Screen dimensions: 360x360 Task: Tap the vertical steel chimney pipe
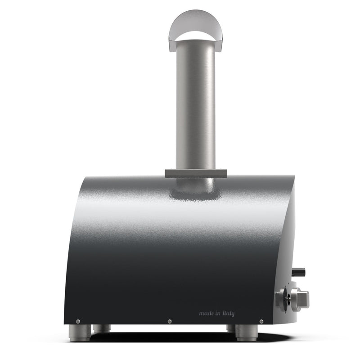(x=195, y=103)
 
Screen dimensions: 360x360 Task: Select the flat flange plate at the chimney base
(x=195, y=173)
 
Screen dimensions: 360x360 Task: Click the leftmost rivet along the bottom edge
(x=78, y=321)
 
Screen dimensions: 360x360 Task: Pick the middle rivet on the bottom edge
(x=169, y=321)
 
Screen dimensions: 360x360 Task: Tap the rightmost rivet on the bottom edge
(x=261, y=321)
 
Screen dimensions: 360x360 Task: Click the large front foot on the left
(x=80, y=333)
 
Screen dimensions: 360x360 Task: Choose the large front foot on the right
(x=247, y=333)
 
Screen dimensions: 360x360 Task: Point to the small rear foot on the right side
(x=230, y=328)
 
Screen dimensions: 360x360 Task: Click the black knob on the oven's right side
(x=298, y=272)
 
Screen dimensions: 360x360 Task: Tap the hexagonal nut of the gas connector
(x=300, y=297)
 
